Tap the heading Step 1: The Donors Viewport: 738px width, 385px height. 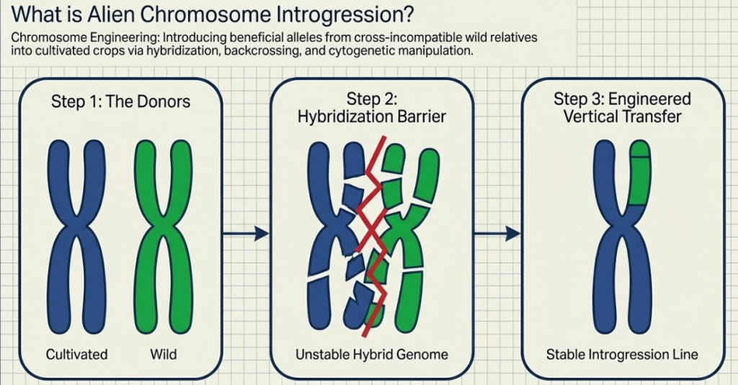(120, 101)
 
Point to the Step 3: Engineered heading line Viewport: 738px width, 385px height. (622, 99)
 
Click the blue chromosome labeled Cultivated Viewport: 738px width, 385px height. (76, 231)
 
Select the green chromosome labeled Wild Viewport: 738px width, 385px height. (164, 231)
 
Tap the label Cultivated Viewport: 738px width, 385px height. (76, 354)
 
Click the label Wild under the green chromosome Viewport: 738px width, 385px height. (164, 354)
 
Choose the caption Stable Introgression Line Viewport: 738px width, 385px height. (622, 354)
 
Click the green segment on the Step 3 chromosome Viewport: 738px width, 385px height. (639, 177)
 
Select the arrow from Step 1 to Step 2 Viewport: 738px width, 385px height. (245, 233)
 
